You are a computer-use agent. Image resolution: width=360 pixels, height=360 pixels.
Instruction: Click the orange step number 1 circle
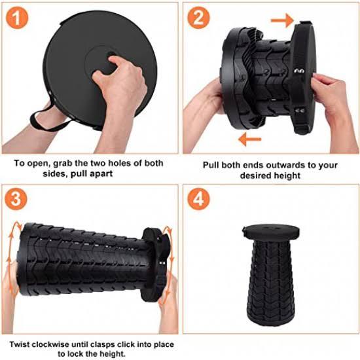pos(17,18)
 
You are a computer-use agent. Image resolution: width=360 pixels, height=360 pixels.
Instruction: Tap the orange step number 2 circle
pos(198,18)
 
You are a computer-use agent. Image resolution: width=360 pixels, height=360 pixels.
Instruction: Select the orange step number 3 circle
pos(16,199)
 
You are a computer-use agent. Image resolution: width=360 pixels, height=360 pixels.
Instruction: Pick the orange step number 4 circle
pos(198,199)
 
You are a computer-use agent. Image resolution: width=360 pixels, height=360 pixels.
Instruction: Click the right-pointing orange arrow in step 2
pos(282,20)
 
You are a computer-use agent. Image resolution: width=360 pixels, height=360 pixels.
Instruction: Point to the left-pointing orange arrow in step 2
pos(249,139)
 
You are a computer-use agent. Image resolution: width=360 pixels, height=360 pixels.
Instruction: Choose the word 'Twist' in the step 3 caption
pos(19,344)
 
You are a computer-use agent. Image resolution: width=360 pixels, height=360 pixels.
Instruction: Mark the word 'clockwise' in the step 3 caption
pos(50,344)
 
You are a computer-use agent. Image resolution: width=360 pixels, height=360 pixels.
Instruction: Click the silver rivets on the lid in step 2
pos(299,71)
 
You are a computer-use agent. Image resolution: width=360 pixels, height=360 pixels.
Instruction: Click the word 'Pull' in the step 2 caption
pos(211,165)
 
